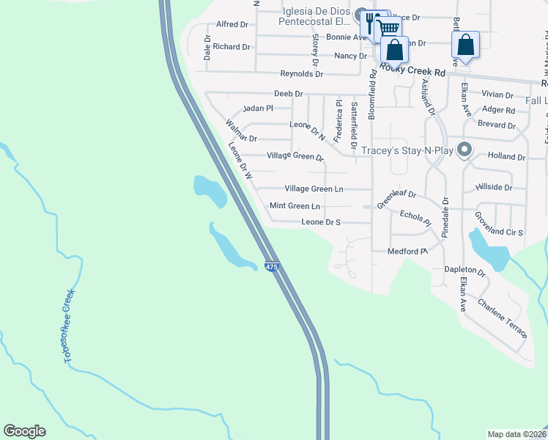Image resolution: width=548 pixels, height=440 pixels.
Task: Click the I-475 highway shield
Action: pos(272,267)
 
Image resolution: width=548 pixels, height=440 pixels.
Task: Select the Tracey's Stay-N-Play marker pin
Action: pos(464,150)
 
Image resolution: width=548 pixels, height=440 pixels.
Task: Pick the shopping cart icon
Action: pos(389,29)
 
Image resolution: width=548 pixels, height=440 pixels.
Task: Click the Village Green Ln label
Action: pos(314,188)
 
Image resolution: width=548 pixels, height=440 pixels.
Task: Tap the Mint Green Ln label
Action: pos(295,206)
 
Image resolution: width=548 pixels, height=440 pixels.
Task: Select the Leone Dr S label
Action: pos(321,221)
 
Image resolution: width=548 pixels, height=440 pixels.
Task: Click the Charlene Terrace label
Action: pos(503,318)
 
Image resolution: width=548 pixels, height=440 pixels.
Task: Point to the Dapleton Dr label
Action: pos(464,270)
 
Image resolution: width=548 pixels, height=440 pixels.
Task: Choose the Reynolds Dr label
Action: pos(301,74)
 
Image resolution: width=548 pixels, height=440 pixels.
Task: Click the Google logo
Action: pos(24,431)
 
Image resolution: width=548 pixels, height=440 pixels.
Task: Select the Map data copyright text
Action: pos(516,434)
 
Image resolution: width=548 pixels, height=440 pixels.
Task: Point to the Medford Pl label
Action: pos(407,252)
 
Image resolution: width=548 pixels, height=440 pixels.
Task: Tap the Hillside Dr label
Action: pos(493,187)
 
